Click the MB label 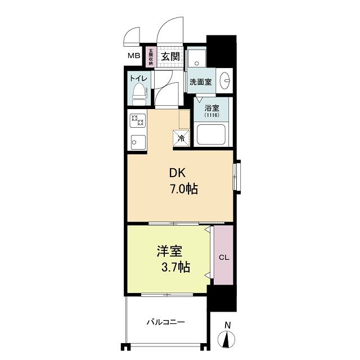click(134, 56)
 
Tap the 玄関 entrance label click(170, 56)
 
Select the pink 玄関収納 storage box click(151, 57)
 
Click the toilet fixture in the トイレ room click(139, 94)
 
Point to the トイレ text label click(138, 78)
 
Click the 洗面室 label click(200, 82)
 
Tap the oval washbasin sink click(225, 80)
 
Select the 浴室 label click(211, 107)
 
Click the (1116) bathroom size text click(211, 115)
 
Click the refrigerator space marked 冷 click(181, 138)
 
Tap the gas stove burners click(138, 120)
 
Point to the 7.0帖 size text click(184, 190)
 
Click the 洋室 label click(170, 251)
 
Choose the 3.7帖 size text click(175, 267)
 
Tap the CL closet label click(224, 258)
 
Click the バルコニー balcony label click(166, 322)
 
